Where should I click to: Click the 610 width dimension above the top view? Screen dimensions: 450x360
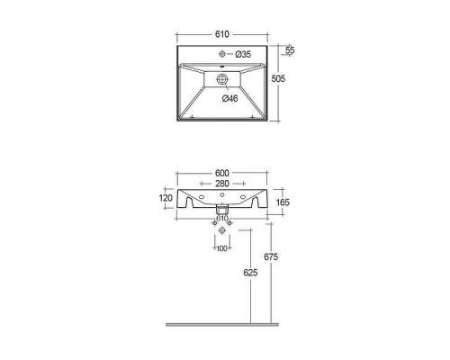click(222, 34)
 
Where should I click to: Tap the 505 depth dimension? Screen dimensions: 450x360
click(278, 78)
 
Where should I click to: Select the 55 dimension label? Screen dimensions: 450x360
click(290, 49)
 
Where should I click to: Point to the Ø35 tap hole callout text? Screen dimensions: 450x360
click(243, 54)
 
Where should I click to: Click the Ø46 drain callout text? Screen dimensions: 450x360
click(230, 98)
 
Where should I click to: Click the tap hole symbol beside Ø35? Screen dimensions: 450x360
click(222, 54)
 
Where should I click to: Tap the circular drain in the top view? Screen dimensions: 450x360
click(222, 79)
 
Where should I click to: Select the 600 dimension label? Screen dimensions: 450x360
click(222, 173)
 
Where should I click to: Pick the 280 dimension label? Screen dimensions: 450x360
click(222, 184)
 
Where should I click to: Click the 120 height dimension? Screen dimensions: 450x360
click(166, 198)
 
